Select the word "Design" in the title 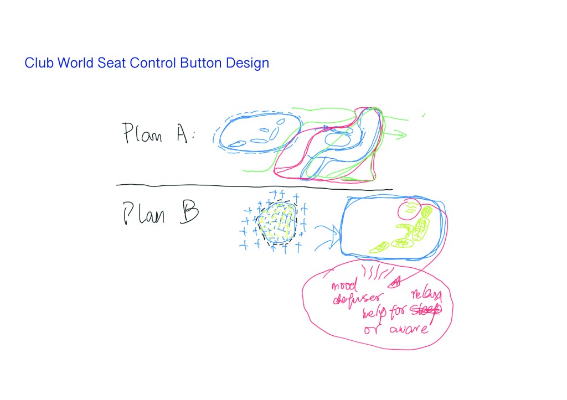coord(247,64)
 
